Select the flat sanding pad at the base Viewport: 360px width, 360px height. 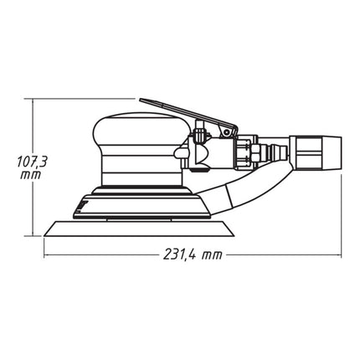[x=134, y=228]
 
